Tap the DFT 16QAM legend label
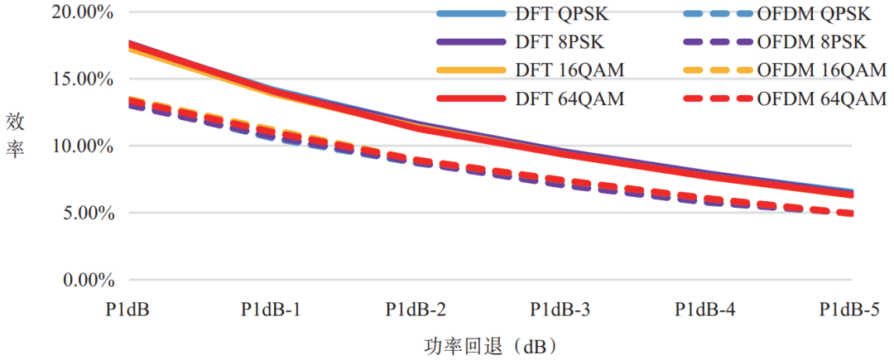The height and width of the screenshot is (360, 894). tap(569, 70)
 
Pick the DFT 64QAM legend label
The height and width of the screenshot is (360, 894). tap(569, 98)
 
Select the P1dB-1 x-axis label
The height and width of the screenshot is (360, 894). tap(272, 310)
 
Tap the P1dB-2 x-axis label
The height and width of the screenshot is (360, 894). tap(416, 310)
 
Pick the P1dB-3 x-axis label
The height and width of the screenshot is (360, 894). tap(560, 310)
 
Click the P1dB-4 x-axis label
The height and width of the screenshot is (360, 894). tap(704, 310)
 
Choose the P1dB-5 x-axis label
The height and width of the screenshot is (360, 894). tap(849, 310)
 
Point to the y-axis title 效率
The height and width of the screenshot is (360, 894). tap(16, 137)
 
